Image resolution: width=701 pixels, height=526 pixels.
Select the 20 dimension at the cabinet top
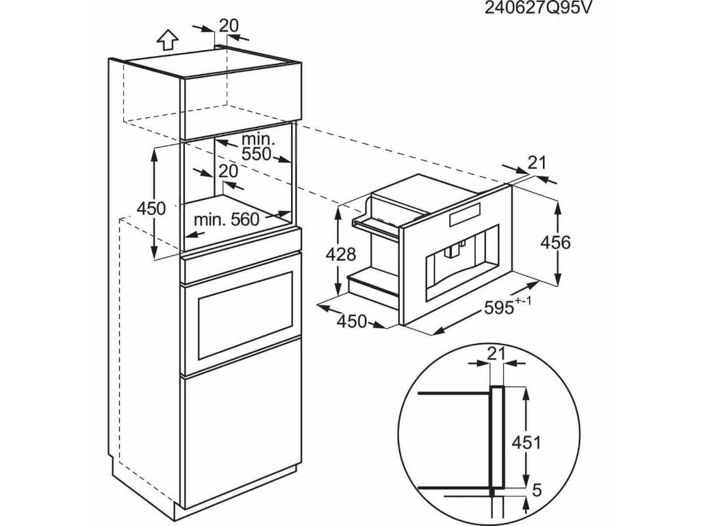coord(229,25)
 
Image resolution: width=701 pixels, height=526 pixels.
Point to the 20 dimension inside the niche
coord(229,171)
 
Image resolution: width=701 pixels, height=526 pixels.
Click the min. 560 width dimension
coord(227,219)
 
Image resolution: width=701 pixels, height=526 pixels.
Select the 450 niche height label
coord(151,208)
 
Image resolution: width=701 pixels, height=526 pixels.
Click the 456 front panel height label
coord(555,242)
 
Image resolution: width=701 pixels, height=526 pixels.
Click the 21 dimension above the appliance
coord(538,162)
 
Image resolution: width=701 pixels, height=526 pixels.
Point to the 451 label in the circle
coord(526,442)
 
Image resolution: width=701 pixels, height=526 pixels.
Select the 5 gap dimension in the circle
coord(537,491)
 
